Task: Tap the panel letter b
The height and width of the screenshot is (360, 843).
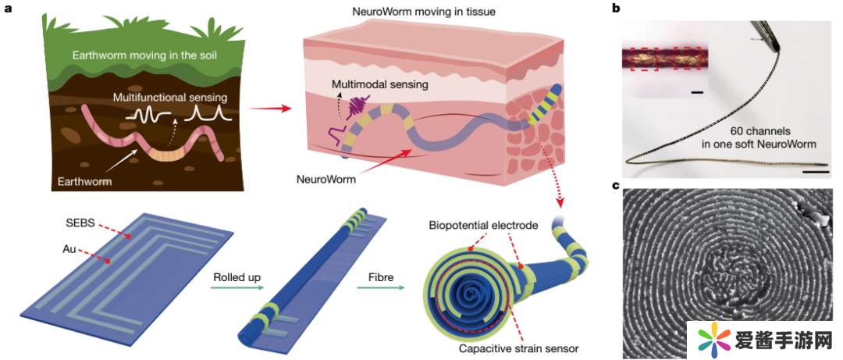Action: coord(616,9)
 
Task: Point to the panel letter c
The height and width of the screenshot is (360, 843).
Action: coord(616,185)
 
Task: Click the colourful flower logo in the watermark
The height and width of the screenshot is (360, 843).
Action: coord(710,340)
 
